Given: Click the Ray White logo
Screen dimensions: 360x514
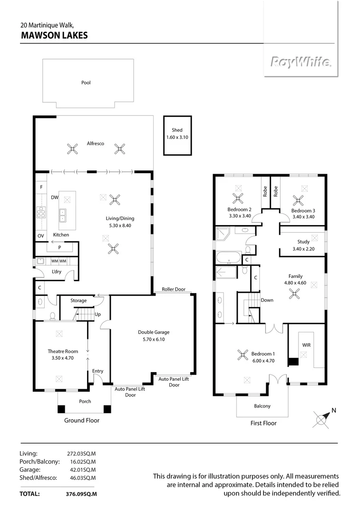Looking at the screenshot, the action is coord(301,61).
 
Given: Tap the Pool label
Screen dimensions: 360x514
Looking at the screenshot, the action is coord(86,83).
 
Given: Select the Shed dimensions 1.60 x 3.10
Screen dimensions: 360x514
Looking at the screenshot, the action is coord(177,137).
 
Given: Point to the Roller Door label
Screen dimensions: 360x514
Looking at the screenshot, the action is coord(173,289).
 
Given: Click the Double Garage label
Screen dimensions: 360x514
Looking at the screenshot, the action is coord(154,332).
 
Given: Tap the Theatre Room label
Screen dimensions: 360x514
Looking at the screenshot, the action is coord(59,351).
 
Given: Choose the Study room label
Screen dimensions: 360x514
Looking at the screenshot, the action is coord(303,242).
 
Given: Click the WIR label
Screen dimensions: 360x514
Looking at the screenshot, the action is coord(306,344).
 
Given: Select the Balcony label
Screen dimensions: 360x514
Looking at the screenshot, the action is coord(262,406).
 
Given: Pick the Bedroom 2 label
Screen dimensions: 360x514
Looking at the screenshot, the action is coord(239,210).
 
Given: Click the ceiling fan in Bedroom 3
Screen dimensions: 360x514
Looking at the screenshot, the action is coord(298,200).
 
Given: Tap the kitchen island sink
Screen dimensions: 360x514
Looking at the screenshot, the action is coord(62,216).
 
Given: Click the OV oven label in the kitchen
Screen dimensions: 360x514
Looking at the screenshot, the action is coord(40,236).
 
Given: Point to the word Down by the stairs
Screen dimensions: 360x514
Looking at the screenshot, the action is coord(267,300).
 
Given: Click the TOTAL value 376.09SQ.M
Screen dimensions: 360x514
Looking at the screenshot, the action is coord(81,494).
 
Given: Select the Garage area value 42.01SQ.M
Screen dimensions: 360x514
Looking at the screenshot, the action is coord(81,470).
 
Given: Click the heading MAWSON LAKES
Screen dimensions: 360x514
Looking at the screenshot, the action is coord(54,35).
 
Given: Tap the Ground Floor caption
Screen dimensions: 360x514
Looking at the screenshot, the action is coord(82,420).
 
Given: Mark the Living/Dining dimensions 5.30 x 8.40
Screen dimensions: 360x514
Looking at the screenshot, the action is coord(118,226).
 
